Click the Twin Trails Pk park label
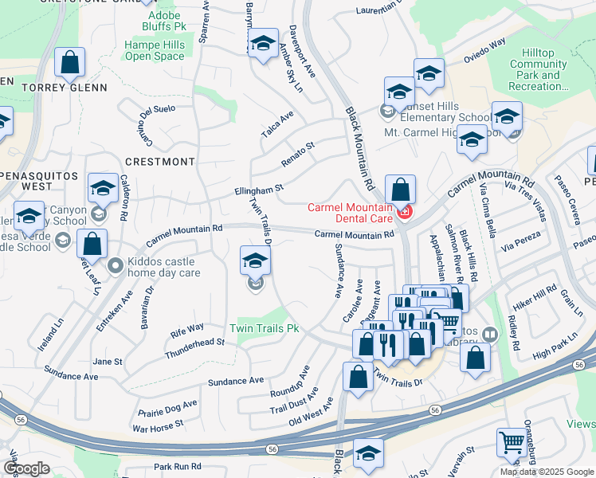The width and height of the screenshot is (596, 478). click(265, 328)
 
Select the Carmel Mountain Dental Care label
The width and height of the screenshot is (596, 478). click(351, 213)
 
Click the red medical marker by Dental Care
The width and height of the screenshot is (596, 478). click(405, 212)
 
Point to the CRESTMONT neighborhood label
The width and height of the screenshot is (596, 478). click(159, 162)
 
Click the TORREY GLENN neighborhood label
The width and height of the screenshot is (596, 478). click(65, 88)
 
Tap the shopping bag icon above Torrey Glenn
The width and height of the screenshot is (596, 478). click(70, 63)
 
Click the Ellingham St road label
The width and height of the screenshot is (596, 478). click(258, 190)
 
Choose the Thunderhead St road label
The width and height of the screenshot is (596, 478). click(194, 347)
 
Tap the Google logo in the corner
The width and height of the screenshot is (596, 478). click(26, 468)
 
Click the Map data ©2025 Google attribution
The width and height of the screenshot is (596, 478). click(547, 472)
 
